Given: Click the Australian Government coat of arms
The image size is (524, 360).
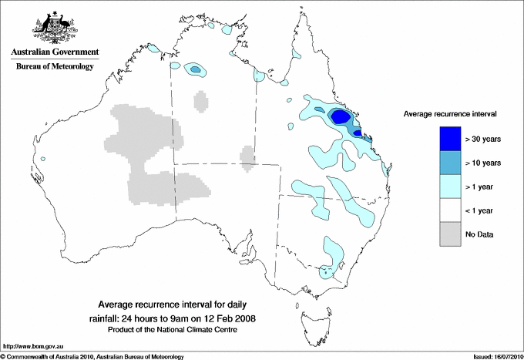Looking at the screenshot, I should click(53, 27).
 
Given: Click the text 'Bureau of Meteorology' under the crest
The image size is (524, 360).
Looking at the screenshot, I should click(54, 66).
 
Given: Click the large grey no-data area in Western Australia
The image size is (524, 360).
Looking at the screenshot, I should click(146, 154).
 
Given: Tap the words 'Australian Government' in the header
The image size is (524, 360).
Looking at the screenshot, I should click(54, 52).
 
